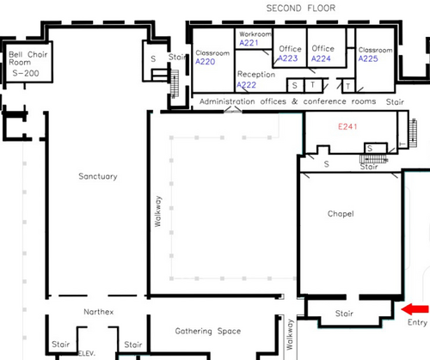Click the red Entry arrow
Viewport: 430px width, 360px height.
click(415, 309)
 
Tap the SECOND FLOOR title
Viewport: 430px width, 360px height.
click(301, 8)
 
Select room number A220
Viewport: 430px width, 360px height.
click(206, 62)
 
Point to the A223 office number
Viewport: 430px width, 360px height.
click(288, 58)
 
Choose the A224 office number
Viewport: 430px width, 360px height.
click(321, 58)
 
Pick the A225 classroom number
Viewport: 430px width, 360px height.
click(368, 58)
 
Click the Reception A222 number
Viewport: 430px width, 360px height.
click(247, 85)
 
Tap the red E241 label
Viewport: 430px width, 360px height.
click(347, 126)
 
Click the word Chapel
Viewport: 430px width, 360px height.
click(341, 214)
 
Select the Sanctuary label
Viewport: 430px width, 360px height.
click(98, 176)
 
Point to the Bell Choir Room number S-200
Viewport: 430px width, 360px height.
click(26, 73)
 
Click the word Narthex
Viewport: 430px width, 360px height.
click(99, 312)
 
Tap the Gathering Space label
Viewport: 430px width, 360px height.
click(208, 331)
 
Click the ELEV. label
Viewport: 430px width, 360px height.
click(86, 353)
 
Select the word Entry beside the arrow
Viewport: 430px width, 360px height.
click(417, 322)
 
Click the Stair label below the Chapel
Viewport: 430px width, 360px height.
click(344, 314)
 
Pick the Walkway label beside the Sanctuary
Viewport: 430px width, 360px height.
click(158, 211)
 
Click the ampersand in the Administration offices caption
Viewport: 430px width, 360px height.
click(295, 101)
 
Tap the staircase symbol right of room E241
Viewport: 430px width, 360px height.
click(413, 133)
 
